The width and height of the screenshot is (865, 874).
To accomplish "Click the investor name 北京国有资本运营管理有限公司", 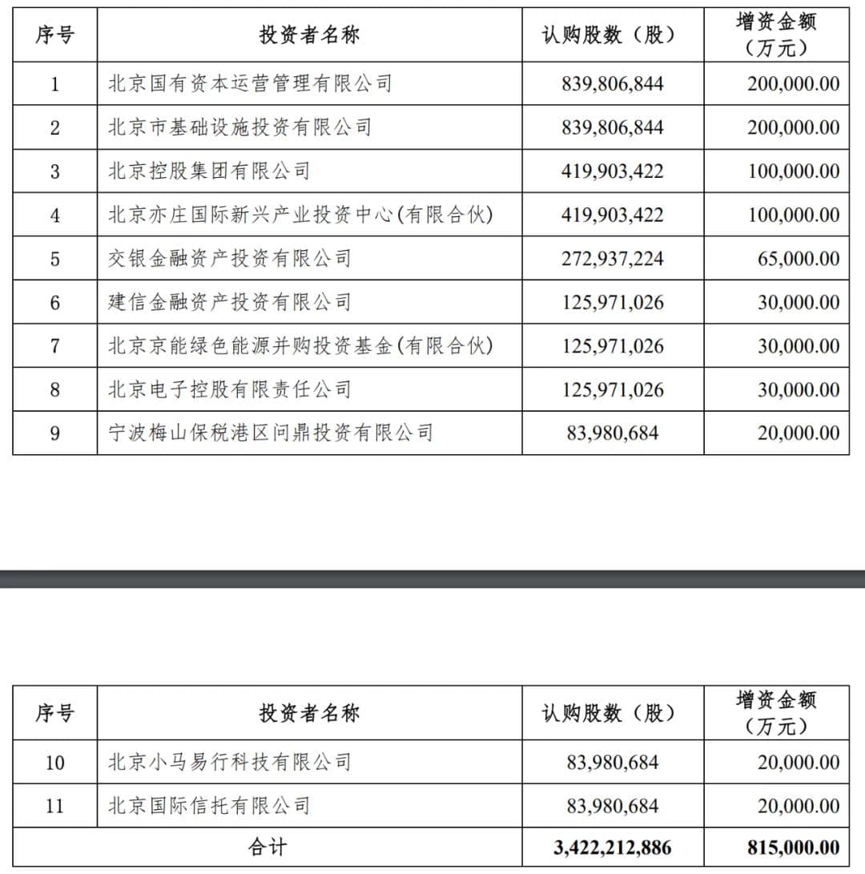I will pos(250,83).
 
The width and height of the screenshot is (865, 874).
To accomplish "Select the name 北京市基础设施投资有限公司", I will pos(240,127).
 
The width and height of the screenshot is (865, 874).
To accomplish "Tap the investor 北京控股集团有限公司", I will pos(209,171).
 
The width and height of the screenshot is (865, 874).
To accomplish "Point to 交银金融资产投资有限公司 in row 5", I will pos(230,258).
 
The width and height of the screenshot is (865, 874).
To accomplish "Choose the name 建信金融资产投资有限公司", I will pos(230,302).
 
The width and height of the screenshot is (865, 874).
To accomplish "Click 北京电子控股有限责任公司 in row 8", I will pos(230,389).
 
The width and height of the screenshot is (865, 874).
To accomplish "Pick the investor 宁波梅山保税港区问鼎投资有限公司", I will pos(271,433).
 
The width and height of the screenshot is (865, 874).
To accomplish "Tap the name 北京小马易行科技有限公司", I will pos(230,761).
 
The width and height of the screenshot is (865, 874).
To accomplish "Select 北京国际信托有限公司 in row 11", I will pos(209,805).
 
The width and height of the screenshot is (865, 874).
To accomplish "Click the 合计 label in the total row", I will pos(268,848).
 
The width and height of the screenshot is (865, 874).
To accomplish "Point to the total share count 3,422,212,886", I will pos(613,848).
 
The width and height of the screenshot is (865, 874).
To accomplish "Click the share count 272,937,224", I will pos(613,258).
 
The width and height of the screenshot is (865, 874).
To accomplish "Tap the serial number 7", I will pos(54,346).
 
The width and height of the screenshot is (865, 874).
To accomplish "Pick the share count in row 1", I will pos(613,83).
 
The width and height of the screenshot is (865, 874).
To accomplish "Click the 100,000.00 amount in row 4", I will pos(794,215).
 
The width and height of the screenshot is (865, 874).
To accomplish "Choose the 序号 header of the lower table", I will pos(54,712).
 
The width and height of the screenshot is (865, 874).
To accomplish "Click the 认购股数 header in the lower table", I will pos(609,712).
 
